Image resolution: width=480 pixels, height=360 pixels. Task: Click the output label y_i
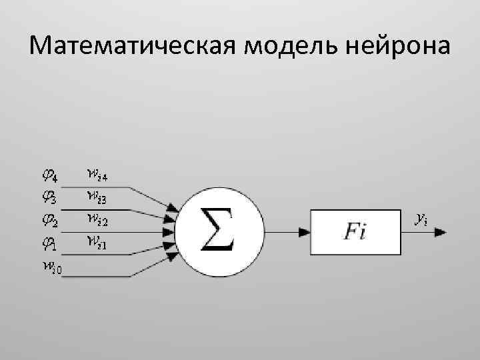click(x=421, y=217)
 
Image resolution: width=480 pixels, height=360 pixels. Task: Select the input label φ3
click(x=49, y=198)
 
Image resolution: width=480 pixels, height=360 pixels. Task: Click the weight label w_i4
click(x=98, y=175)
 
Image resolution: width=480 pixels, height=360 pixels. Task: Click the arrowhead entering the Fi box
click(x=304, y=232)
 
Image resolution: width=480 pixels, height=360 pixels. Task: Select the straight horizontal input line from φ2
click(x=120, y=232)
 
